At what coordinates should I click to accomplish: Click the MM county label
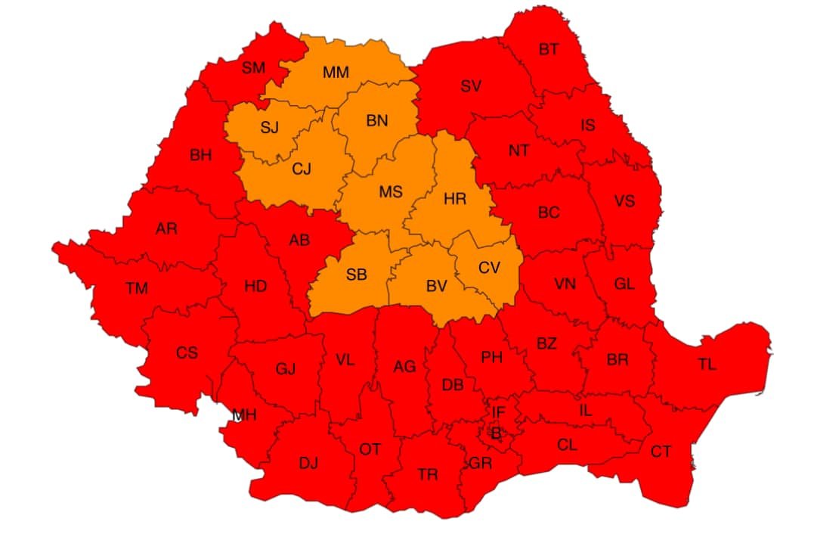point(336,73)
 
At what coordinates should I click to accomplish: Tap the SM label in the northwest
point(254,68)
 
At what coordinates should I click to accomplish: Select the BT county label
point(549,50)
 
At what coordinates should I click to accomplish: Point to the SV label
point(471,86)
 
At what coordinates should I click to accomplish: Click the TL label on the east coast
point(707,365)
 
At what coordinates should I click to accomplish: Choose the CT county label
point(661,452)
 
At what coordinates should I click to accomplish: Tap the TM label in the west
point(137,287)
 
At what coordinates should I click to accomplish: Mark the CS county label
point(187,353)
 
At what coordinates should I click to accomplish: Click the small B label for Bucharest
point(496,434)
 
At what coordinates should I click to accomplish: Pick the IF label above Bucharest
point(498,413)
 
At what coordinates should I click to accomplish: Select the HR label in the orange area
point(455,199)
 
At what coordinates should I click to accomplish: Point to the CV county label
point(489,268)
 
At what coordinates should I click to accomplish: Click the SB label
point(357,275)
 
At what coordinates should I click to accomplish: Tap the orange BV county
point(437,286)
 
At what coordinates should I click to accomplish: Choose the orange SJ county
point(270,127)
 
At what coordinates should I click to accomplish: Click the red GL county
point(624,284)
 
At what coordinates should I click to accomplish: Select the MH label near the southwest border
point(244,414)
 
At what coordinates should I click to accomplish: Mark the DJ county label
point(308,463)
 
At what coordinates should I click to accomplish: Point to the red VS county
point(624,201)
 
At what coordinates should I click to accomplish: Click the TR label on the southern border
point(428,475)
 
